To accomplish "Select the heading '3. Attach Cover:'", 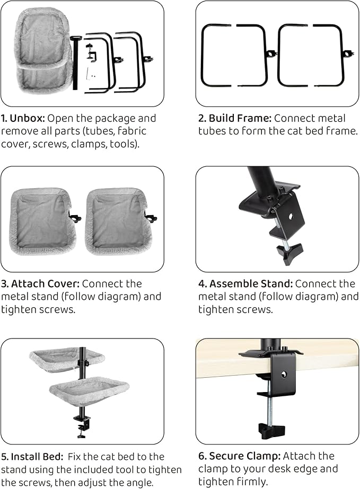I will (x=40, y=283).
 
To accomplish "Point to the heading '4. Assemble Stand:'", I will (x=245, y=283).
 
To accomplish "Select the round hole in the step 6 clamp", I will (x=284, y=374).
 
